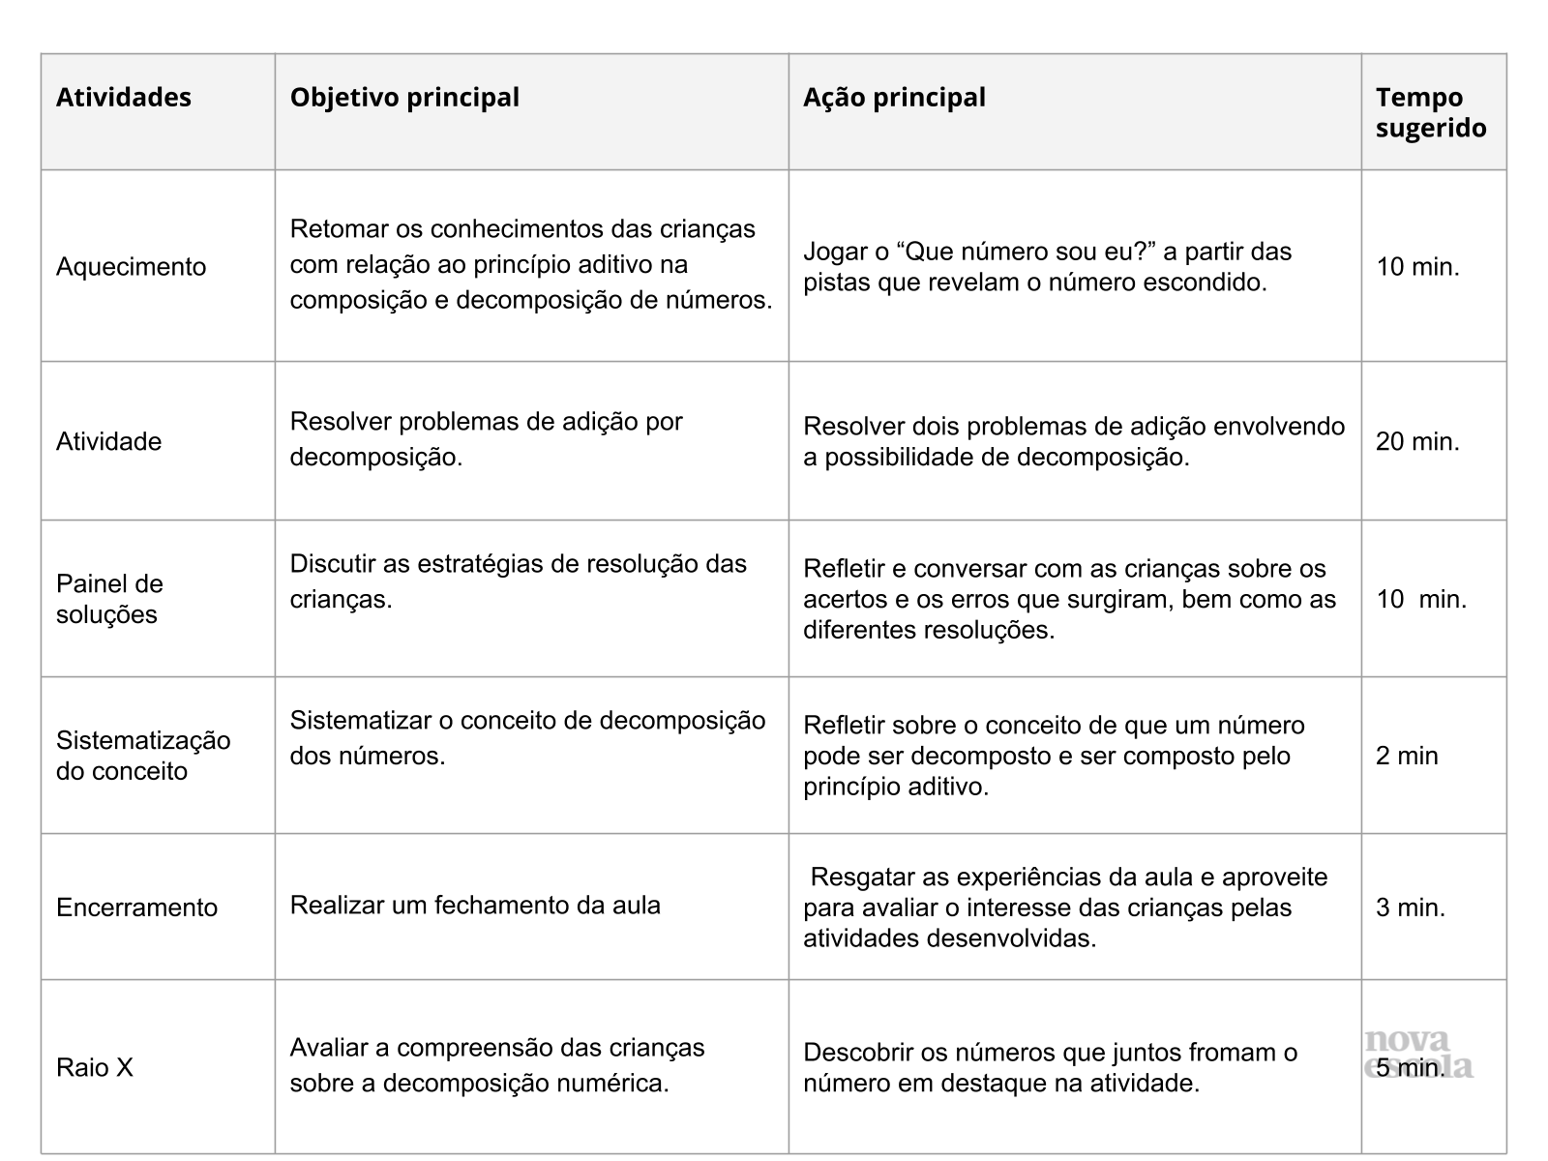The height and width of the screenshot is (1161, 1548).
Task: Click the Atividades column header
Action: tap(124, 98)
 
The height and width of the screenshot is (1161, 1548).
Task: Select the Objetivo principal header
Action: tap(404, 98)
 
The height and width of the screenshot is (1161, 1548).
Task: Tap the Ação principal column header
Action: tap(894, 98)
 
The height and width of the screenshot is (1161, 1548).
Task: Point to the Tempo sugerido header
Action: tap(1430, 112)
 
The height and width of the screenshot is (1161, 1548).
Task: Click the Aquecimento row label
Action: tap(131, 267)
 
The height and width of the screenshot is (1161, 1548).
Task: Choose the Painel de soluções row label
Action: tap(109, 599)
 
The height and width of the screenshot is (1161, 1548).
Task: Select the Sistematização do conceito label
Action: tap(143, 756)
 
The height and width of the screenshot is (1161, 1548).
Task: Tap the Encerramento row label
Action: tap(136, 908)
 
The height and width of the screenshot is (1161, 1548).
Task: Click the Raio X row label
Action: tap(95, 1067)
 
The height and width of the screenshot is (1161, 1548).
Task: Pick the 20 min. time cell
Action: tap(1417, 442)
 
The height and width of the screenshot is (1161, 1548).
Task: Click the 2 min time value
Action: tap(1407, 756)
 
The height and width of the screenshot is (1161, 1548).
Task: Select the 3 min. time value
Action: tap(1411, 908)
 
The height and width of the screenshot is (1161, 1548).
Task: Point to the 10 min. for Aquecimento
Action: tap(1417, 267)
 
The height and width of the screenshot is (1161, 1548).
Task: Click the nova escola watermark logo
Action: tap(1418, 1053)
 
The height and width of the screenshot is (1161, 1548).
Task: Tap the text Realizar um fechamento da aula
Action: tap(475, 906)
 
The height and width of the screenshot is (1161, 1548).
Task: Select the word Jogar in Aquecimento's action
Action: tap(833, 253)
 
